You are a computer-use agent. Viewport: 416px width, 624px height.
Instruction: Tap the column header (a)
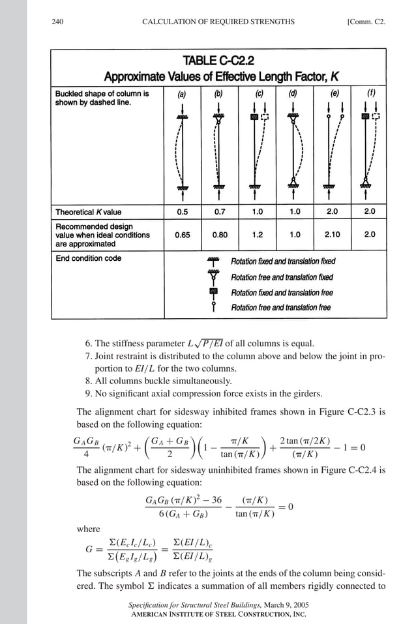[183, 93]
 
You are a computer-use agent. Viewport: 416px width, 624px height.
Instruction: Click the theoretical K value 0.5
[183, 212]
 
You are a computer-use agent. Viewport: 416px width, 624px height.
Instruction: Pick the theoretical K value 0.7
[220, 212]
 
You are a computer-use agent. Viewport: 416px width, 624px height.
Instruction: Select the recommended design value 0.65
[183, 235]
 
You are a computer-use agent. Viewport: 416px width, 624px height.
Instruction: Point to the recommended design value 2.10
[333, 235]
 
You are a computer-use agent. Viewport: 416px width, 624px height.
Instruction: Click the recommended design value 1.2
[258, 235]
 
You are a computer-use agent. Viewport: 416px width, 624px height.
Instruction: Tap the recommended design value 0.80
[220, 235]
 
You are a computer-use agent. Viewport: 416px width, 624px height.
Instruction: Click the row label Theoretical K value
[88, 212]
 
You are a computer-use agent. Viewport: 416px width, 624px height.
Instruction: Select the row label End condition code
[88, 258]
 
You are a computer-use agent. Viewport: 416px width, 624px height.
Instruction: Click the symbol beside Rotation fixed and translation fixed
[213, 261]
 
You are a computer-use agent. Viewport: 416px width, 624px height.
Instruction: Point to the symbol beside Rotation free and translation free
[213, 307]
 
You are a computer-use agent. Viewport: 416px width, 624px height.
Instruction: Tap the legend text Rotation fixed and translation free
[282, 293]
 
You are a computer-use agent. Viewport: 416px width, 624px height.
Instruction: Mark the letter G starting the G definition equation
[89, 549]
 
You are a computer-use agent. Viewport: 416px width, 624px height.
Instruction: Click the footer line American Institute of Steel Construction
[218, 614]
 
